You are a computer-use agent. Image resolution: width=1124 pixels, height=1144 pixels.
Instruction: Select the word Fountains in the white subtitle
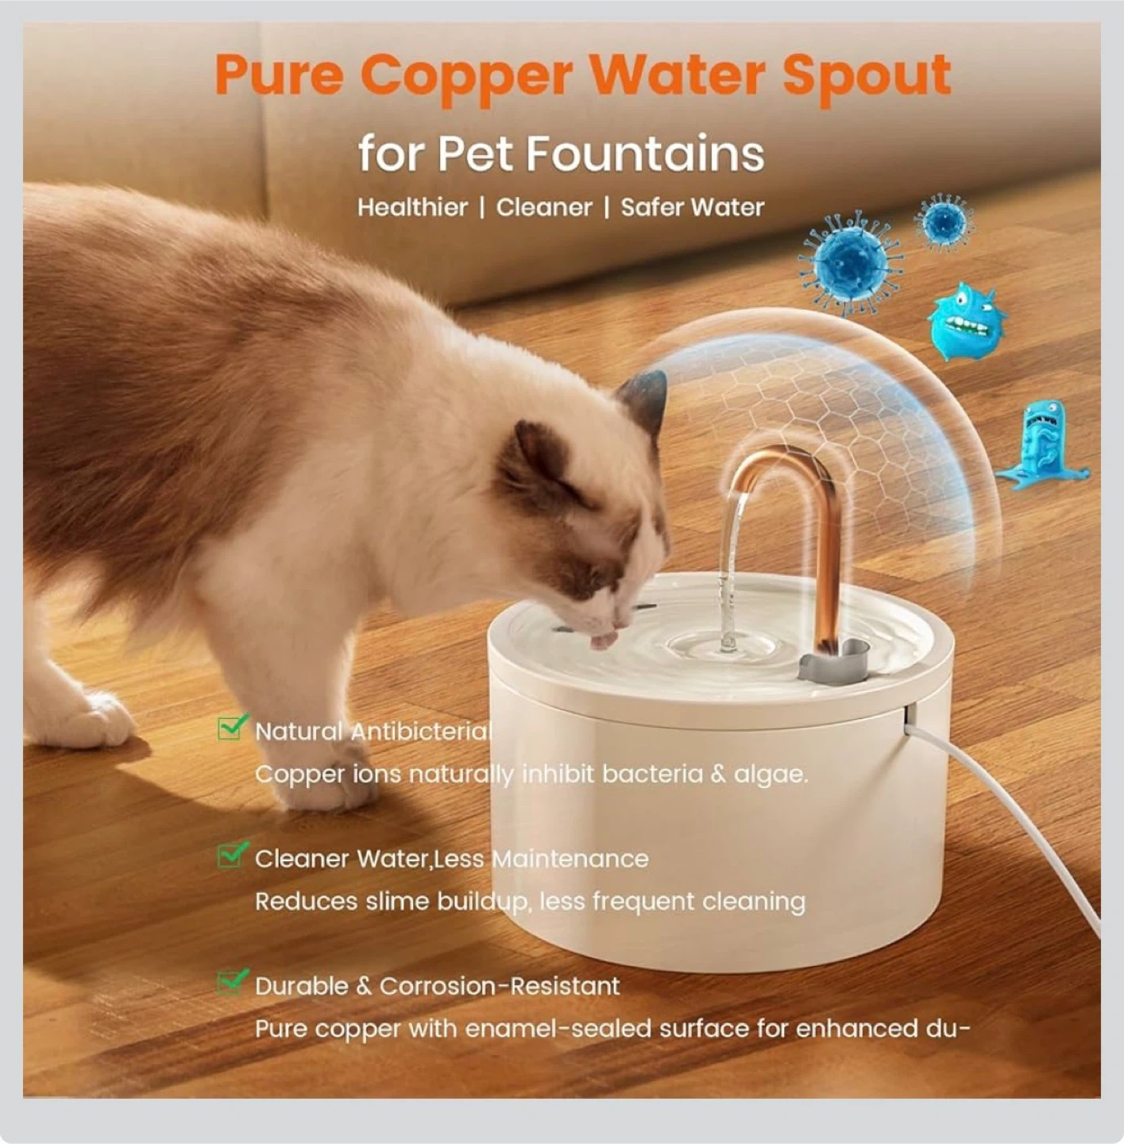(x=645, y=154)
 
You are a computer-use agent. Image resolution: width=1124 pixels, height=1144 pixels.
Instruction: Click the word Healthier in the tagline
(x=412, y=207)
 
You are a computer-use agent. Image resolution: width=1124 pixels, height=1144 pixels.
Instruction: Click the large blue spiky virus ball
(x=850, y=262)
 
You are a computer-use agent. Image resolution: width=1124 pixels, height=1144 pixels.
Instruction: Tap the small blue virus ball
(x=944, y=223)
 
